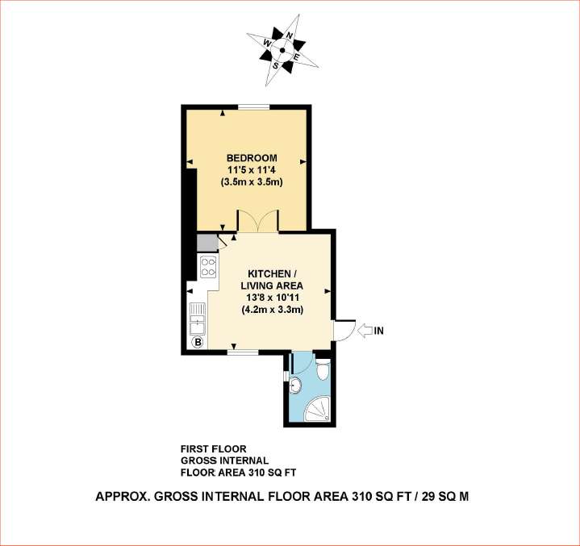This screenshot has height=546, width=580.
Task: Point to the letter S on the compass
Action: (277, 65)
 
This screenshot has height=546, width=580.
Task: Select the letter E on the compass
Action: (295, 58)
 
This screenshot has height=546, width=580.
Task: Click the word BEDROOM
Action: (252, 157)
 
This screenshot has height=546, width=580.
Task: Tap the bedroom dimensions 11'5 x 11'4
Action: (252, 169)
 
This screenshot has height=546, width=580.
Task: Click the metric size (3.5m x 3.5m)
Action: (252, 182)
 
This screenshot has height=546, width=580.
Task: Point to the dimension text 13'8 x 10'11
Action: (272, 298)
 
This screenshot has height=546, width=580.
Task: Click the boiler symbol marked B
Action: (197, 342)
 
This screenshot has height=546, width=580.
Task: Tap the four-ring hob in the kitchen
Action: (208, 267)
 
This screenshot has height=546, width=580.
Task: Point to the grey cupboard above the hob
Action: (207, 243)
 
